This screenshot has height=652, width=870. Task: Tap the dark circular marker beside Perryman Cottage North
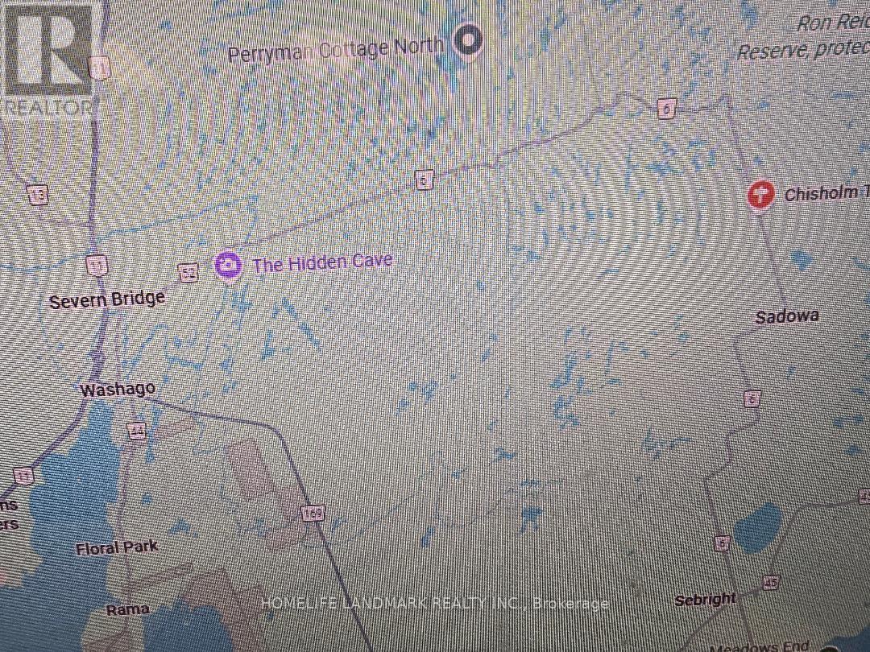click(467, 39)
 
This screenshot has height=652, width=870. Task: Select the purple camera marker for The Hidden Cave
click(229, 265)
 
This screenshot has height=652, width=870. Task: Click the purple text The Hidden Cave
click(323, 262)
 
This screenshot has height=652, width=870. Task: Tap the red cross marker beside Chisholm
click(761, 194)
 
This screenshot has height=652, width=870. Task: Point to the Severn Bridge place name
click(107, 300)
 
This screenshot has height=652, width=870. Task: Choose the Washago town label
click(118, 390)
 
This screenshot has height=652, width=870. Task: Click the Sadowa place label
click(787, 316)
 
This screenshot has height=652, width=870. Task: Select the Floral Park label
click(117, 548)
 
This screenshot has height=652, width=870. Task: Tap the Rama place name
click(128, 609)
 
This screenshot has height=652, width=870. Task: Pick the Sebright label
click(706, 599)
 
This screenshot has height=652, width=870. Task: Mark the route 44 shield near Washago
click(137, 431)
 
